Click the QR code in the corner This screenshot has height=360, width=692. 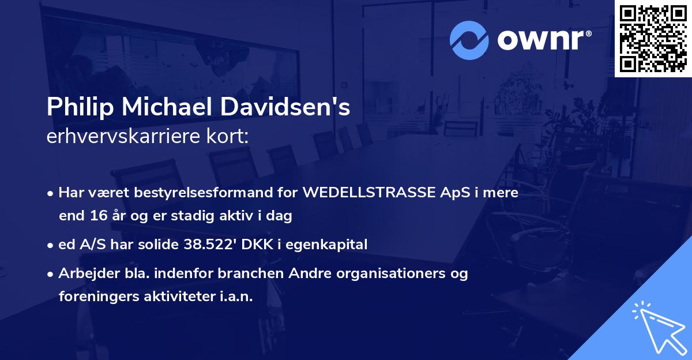coord(653,38)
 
